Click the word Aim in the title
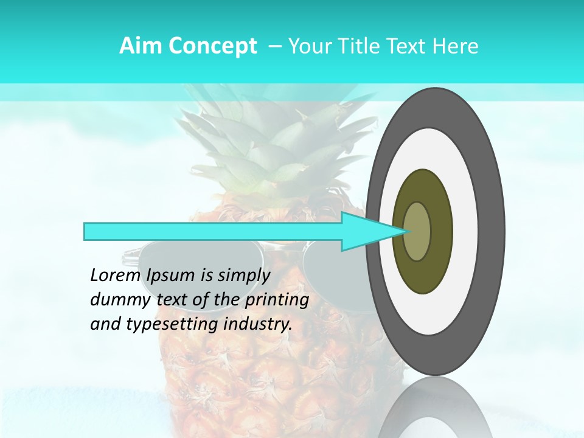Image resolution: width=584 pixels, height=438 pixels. (141, 46)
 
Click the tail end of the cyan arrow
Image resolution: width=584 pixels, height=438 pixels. (86, 231)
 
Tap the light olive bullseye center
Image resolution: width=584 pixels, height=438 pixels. (417, 231)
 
